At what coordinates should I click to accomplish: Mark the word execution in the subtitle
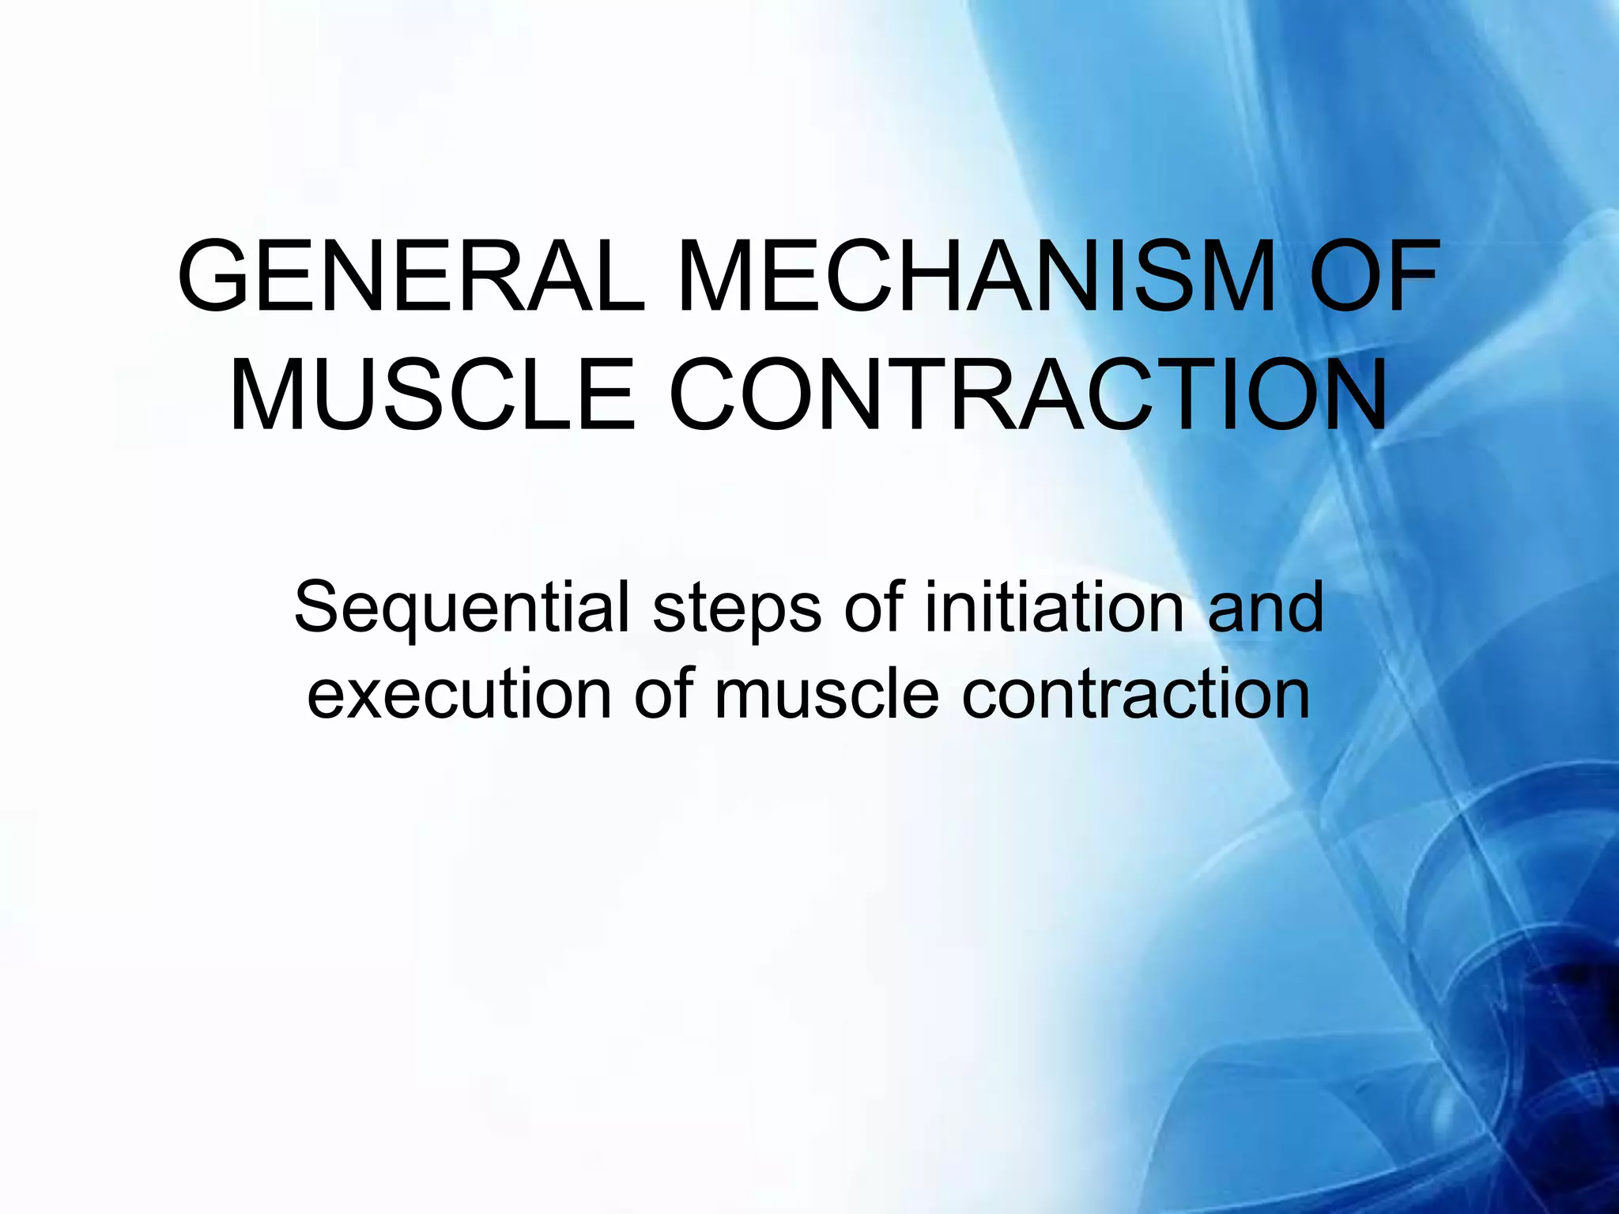(x=459, y=694)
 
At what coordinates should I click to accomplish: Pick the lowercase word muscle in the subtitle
(x=826, y=694)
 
